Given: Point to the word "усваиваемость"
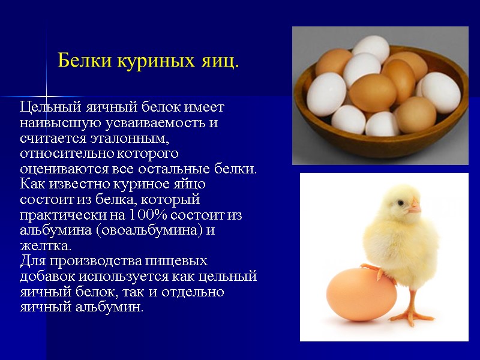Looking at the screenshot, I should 149,123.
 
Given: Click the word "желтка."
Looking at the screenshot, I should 45,245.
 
